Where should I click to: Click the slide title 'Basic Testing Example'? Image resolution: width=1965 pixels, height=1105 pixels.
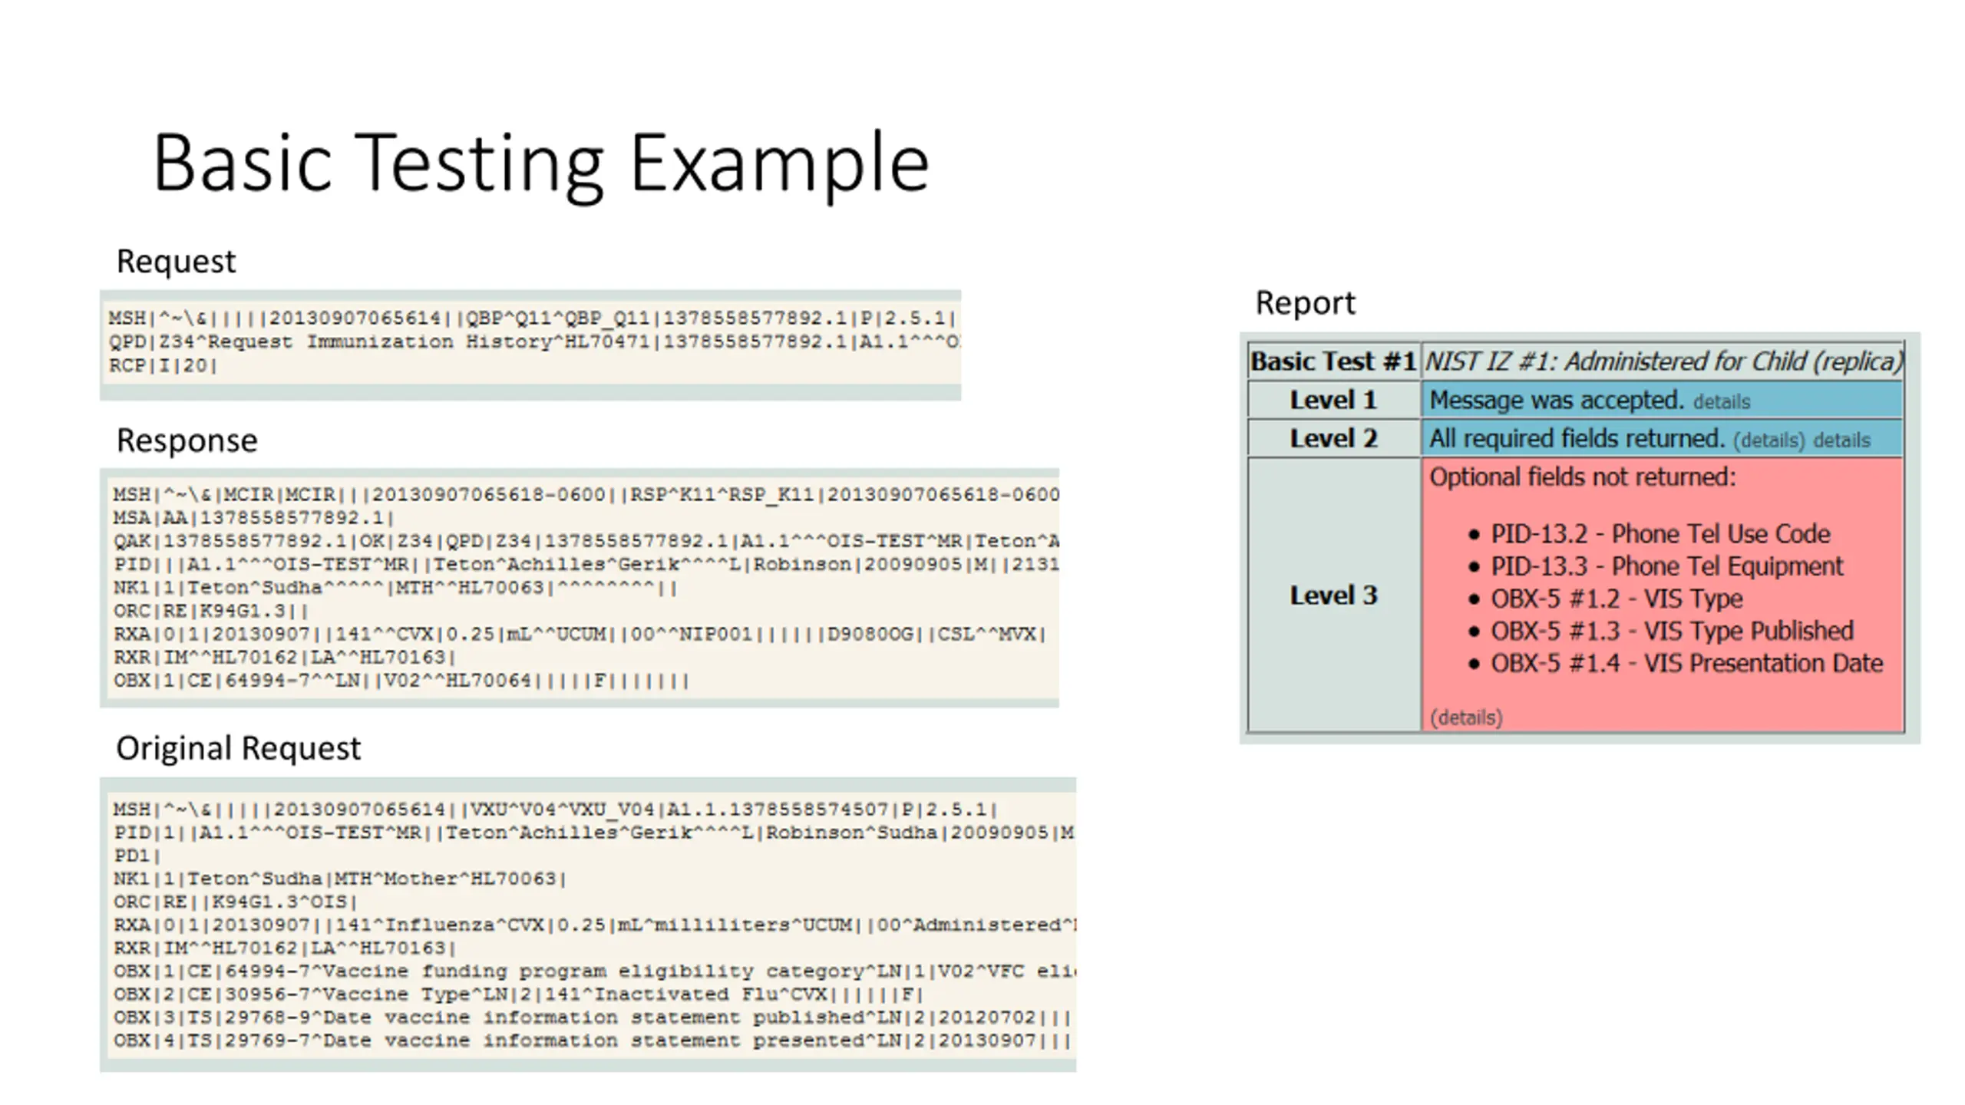click(x=541, y=163)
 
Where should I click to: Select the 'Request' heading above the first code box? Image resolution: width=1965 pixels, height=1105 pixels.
click(x=176, y=262)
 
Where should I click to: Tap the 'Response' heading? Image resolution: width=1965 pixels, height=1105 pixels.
click(x=187, y=441)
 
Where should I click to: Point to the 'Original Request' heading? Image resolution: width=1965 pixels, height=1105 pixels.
click(x=238, y=748)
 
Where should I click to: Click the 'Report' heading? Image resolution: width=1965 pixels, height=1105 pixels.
click(x=1305, y=303)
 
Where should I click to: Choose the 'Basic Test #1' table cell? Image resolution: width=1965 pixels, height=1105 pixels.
click(x=1333, y=361)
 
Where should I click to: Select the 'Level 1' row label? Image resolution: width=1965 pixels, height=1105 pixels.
click(x=1333, y=400)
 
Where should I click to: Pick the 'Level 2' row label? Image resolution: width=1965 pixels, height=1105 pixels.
click(x=1333, y=438)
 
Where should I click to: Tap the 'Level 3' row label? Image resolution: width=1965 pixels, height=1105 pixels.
click(x=1333, y=595)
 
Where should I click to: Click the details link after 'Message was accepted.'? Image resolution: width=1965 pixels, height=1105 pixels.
click(x=1722, y=402)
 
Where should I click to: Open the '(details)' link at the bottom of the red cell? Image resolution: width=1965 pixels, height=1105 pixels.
click(x=1466, y=717)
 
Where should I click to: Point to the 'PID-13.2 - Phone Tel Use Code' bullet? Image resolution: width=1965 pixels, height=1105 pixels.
click(x=1660, y=534)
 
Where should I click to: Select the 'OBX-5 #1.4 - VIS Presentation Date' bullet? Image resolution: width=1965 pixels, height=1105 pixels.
click(x=1686, y=663)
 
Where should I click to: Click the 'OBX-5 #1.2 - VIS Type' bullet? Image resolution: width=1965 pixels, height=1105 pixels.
click(x=1617, y=599)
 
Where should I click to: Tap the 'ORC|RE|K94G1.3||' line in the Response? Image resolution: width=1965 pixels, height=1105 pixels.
click(x=211, y=612)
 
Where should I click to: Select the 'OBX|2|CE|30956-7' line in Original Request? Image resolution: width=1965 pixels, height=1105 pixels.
click(x=518, y=995)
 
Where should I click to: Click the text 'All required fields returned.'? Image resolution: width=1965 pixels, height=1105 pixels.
click(x=1577, y=439)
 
